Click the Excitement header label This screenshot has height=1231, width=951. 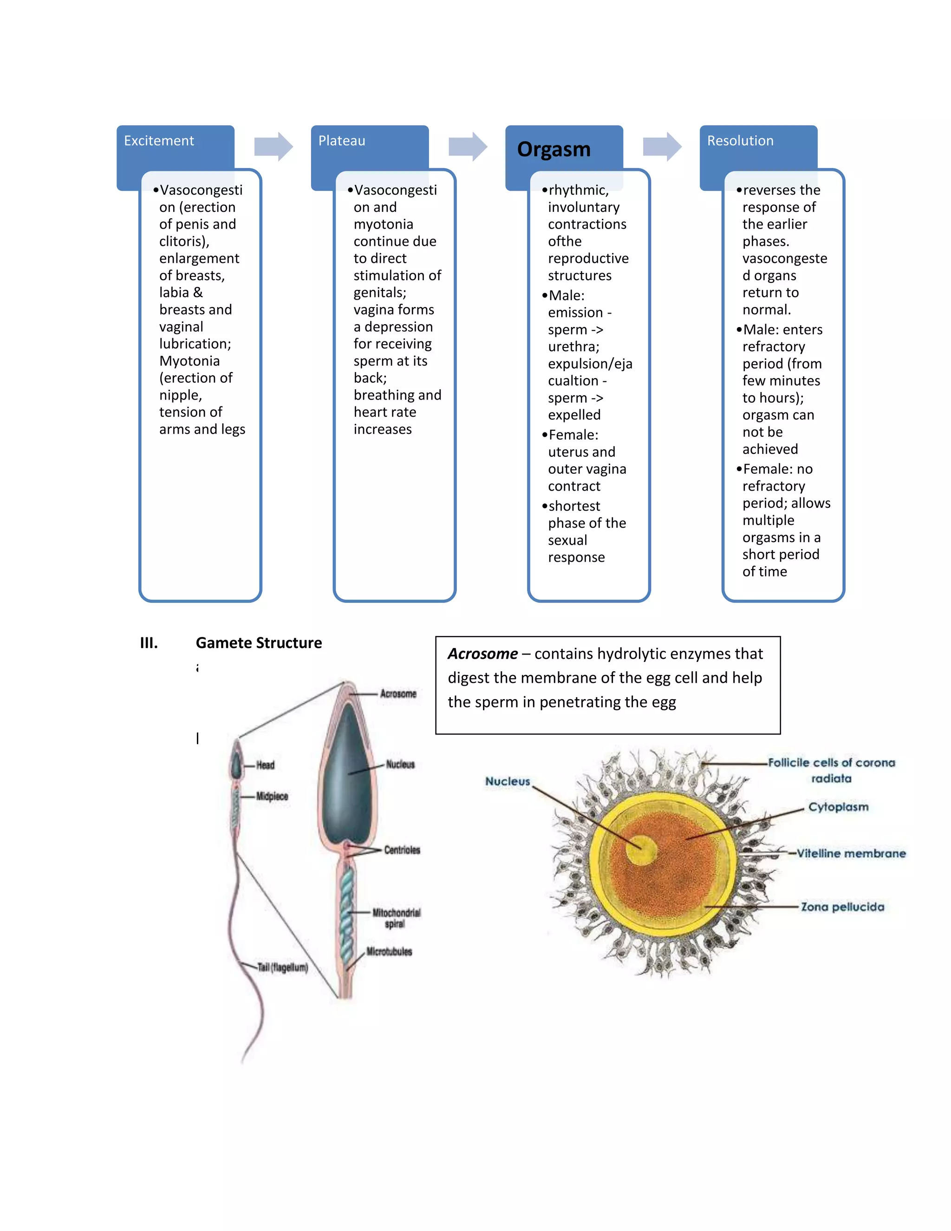158,141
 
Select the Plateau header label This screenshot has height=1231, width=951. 341,141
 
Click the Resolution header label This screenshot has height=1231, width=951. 740,141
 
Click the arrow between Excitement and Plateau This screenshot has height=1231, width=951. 273,146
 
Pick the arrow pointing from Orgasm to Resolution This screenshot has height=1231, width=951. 662,146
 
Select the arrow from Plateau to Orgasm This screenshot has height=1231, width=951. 468,146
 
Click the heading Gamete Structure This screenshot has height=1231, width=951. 259,642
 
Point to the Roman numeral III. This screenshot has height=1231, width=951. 149,642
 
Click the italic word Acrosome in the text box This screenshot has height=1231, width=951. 482,654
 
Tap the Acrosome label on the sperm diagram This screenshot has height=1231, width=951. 398,694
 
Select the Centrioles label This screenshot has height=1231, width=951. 402,850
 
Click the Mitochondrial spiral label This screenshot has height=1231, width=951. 396,917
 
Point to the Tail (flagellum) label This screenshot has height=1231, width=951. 282,967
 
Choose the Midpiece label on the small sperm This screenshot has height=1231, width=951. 272,796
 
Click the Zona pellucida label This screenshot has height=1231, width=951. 842,907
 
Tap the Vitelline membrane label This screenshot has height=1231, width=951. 851,853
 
